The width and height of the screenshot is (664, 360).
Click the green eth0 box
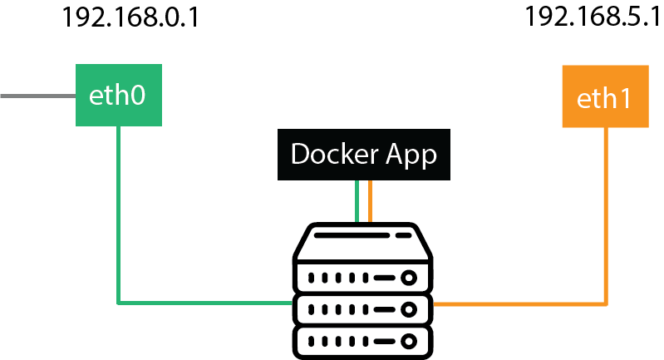click(119, 95)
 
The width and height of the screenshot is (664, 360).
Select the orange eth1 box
click(606, 96)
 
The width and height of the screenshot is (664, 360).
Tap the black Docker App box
click(364, 155)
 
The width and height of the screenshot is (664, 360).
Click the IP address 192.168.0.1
click(130, 17)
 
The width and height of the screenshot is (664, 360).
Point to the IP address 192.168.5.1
click(593, 17)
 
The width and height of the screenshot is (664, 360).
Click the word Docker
click(335, 153)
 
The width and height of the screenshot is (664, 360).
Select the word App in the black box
click(411, 155)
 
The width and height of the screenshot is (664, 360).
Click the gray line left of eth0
click(37, 96)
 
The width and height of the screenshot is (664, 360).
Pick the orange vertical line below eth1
click(606, 216)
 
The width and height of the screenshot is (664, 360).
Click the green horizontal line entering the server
click(205, 303)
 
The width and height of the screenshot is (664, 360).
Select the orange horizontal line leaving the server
click(520, 303)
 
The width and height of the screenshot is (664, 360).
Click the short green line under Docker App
click(357, 201)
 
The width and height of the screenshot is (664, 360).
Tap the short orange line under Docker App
click(370, 201)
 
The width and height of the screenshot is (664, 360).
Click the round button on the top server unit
click(409, 278)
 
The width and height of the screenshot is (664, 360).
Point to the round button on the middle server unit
click(409, 309)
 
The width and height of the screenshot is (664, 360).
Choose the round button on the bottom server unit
click(409, 342)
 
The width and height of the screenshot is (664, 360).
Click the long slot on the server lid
click(352, 235)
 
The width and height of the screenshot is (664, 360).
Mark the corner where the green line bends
click(119, 303)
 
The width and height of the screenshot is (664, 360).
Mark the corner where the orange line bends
click(606, 303)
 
